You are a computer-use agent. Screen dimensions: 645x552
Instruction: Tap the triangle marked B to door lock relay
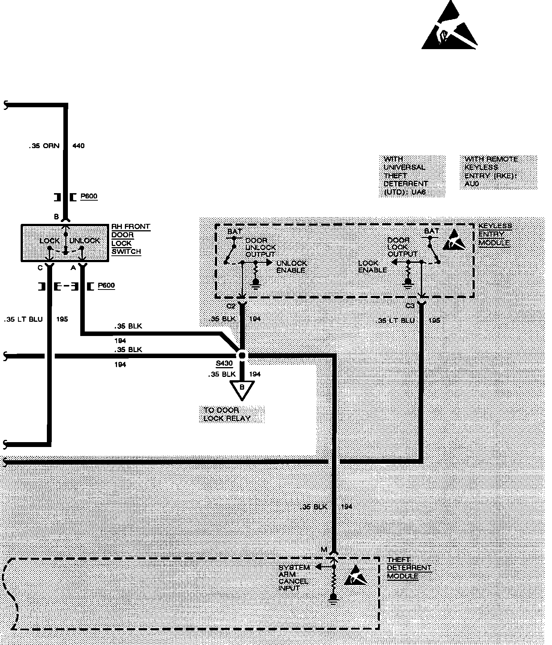pyautogui.click(x=242, y=389)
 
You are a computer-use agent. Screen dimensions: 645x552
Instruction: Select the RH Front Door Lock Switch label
pyautogui.click(x=130, y=239)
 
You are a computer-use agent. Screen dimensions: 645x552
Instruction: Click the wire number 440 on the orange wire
pyautogui.click(x=78, y=145)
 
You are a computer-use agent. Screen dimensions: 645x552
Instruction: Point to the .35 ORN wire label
pyautogui.click(x=44, y=145)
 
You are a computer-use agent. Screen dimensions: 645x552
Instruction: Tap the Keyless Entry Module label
pyautogui.click(x=495, y=234)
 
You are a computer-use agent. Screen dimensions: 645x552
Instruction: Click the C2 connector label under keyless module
pyautogui.click(x=231, y=306)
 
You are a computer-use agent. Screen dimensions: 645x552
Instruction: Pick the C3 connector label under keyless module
pyautogui.click(x=410, y=306)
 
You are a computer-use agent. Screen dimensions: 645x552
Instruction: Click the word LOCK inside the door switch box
pyautogui.click(x=49, y=240)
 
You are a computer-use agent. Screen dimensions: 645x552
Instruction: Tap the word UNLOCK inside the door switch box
pyautogui.click(x=85, y=240)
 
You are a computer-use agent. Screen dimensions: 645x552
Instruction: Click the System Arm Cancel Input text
pyautogui.click(x=294, y=578)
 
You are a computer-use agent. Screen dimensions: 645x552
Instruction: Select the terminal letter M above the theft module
pyautogui.click(x=324, y=550)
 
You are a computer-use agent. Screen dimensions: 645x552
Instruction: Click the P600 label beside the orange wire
pyautogui.click(x=89, y=196)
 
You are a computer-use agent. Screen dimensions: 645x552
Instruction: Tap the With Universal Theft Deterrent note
pyautogui.click(x=405, y=175)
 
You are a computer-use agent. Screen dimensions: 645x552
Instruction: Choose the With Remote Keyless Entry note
pyautogui.click(x=491, y=171)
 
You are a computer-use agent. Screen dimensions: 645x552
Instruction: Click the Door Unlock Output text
pyautogui.click(x=260, y=247)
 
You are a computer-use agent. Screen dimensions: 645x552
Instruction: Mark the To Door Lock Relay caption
pyautogui.click(x=227, y=414)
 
